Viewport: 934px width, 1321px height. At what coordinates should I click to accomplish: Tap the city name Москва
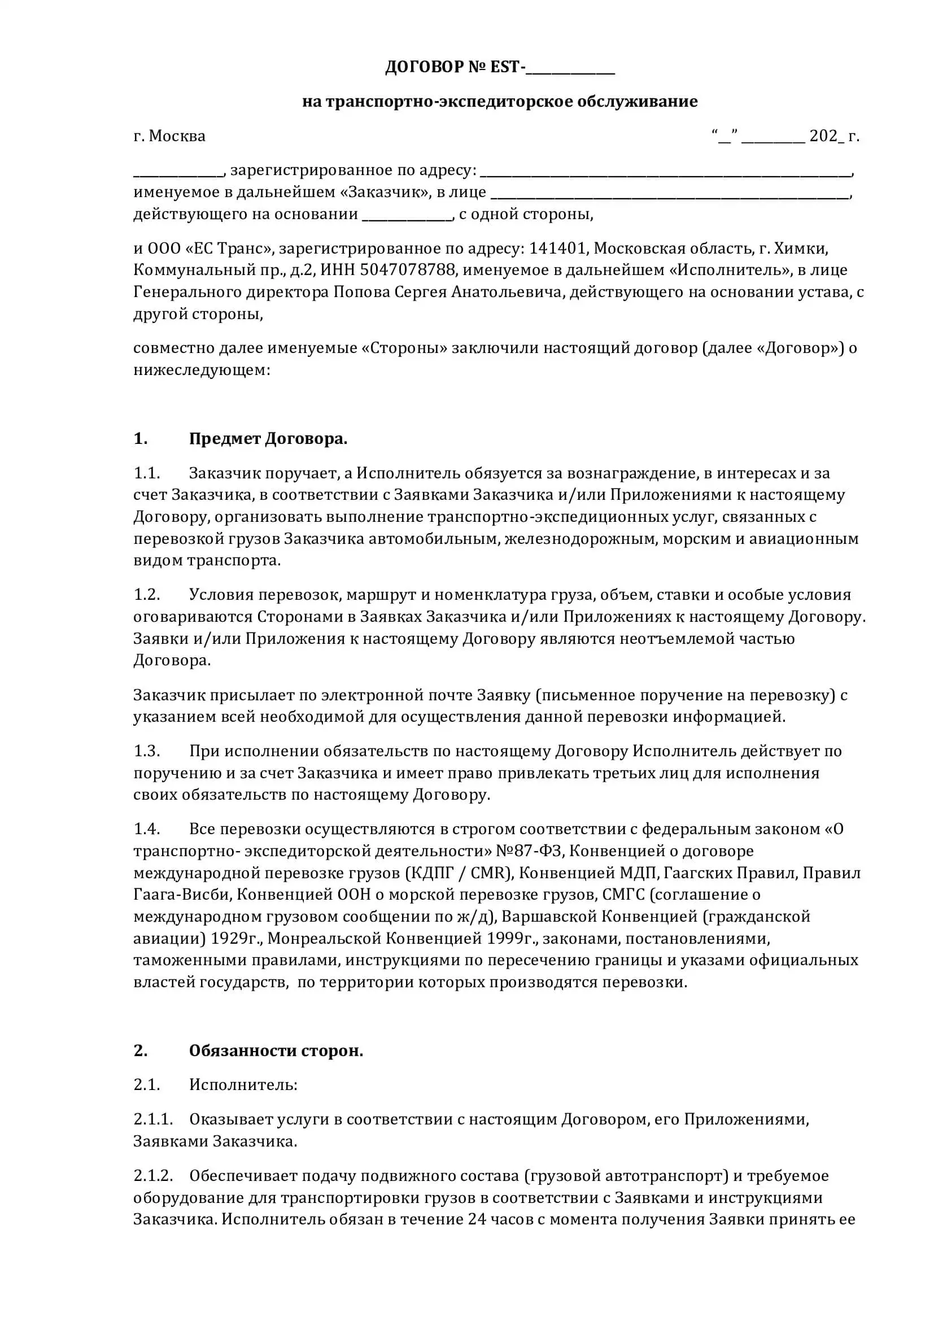(177, 136)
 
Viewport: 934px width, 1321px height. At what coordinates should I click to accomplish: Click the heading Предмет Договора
(268, 439)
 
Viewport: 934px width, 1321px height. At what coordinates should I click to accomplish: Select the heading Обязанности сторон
(276, 1050)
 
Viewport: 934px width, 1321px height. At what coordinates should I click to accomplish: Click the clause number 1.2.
(147, 594)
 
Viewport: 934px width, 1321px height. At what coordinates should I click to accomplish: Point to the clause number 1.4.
(147, 829)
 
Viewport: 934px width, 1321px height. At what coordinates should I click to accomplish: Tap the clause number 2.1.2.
(153, 1175)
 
